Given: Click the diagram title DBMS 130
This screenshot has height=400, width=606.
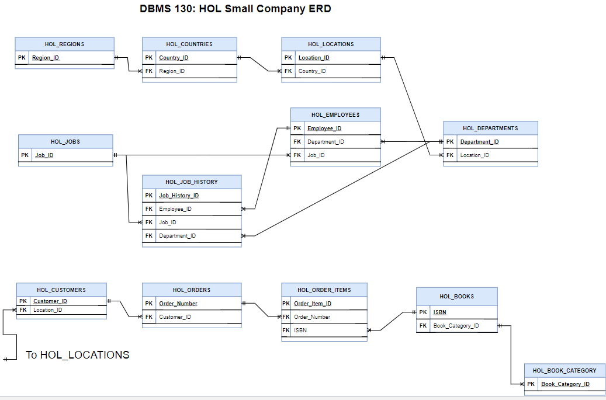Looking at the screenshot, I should click(235, 9).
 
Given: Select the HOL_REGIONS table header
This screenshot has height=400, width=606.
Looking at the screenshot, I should click(64, 44).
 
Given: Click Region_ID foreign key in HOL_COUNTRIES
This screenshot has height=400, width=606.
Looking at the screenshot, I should click(172, 71).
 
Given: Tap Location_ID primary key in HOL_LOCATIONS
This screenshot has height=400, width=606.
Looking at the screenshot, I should click(314, 58).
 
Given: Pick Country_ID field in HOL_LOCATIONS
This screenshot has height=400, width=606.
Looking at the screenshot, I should click(312, 71).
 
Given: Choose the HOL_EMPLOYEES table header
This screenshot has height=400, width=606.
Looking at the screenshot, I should click(335, 115).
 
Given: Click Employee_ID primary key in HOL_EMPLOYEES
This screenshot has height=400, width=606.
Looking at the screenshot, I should click(324, 128).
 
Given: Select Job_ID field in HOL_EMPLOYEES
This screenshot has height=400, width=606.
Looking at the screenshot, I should click(316, 155).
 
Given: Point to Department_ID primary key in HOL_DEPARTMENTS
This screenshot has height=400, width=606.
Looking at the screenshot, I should click(479, 142).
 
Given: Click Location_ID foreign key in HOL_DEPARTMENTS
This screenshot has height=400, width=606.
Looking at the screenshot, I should click(475, 155).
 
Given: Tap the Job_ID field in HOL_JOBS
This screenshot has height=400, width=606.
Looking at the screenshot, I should click(44, 155).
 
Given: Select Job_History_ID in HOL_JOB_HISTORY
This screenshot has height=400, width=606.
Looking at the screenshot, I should click(179, 196).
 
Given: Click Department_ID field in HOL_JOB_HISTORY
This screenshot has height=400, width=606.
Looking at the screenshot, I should click(178, 236).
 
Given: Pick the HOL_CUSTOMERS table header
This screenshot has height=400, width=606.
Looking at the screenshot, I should click(61, 290).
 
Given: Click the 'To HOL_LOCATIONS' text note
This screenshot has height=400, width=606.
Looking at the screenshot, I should click(78, 355).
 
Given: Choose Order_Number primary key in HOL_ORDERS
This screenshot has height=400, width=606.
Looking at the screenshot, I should click(178, 304).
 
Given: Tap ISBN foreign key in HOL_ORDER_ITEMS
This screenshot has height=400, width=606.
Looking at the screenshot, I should click(300, 331).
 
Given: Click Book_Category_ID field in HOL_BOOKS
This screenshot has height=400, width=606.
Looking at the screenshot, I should click(456, 326).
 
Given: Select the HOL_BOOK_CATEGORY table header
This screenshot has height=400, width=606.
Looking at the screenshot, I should click(565, 371).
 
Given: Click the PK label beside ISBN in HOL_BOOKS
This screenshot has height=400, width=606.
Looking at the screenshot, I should click(423, 312).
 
